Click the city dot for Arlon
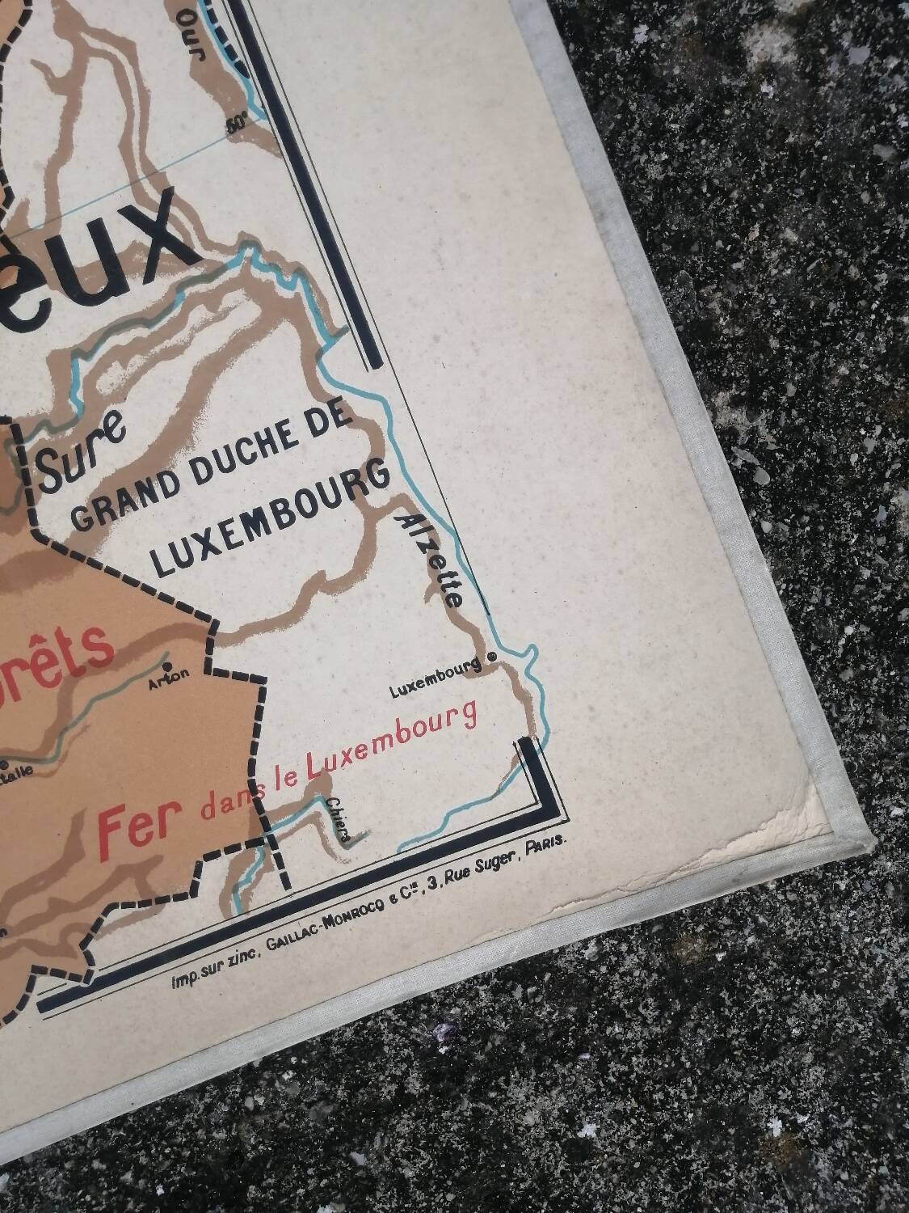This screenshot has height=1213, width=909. tap(167, 666)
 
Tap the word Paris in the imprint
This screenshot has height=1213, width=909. tap(547, 845)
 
